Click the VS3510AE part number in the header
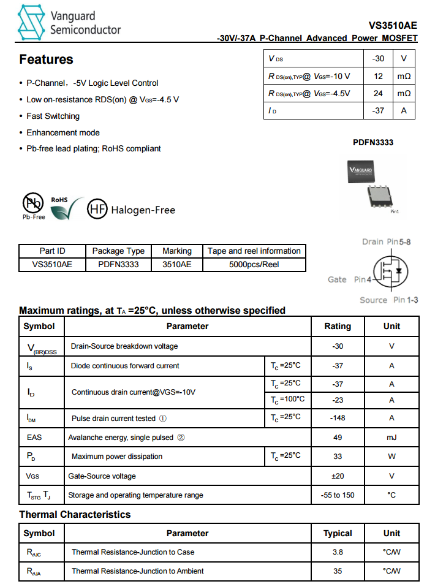click(393, 26)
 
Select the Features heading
click(46, 59)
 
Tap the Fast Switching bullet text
click(53, 116)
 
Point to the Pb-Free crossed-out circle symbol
click(32, 203)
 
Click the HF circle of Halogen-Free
click(97, 210)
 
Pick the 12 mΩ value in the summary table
click(378, 76)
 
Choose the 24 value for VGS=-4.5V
click(378, 93)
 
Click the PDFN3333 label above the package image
click(373, 142)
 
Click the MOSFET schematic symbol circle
click(390, 271)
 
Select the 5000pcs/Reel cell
click(254, 265)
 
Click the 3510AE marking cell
click(177, 265)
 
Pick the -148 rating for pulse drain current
click(338, 418)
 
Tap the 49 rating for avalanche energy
click(338, 438)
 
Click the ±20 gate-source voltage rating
click(338, 476)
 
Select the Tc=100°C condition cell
click(287, 400)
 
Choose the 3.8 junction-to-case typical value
click(338, 552)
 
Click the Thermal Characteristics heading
click(75, 514)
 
